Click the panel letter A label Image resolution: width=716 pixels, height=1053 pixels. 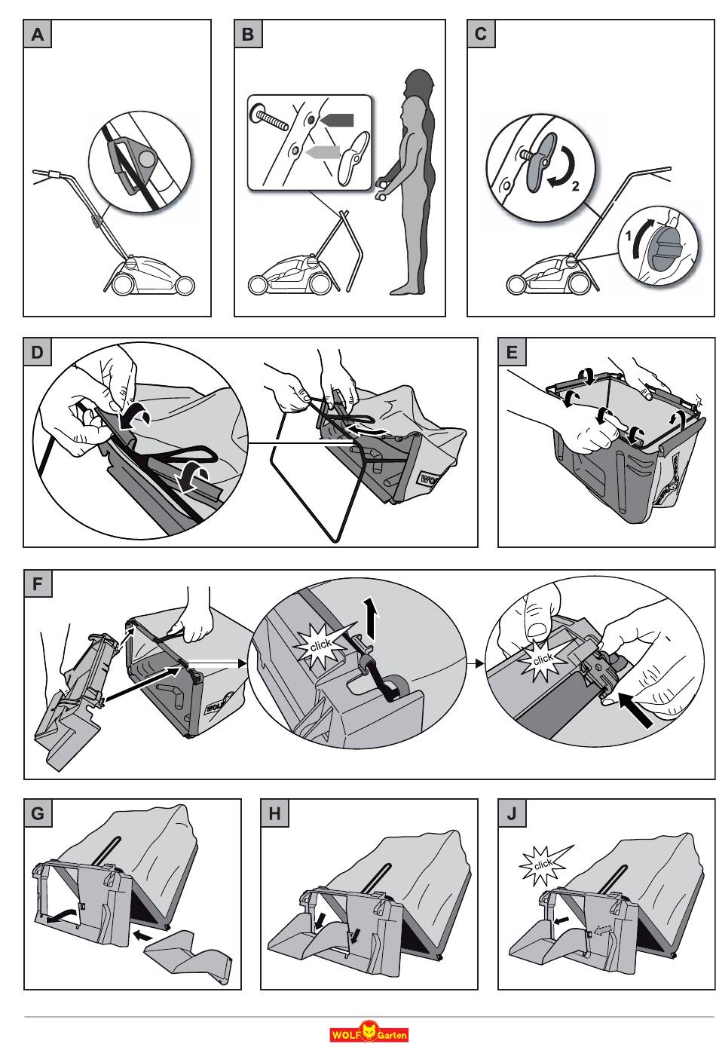point(37,35)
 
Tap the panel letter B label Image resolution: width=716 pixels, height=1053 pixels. point(248,35)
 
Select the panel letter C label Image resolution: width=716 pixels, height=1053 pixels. point(481,35)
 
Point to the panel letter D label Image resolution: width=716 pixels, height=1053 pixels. point(37,352)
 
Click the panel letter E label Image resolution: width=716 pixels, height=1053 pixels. point(513,352)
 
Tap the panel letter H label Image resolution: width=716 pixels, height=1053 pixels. point(274,814)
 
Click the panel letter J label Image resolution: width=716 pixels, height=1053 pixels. point(513,814)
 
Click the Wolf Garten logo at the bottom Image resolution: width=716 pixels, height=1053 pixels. point(369,1033)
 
